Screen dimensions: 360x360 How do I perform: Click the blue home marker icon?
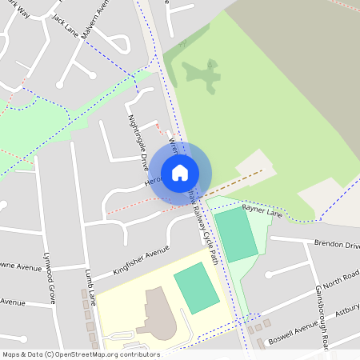tap(180, 173)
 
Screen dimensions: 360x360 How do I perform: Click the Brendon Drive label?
tap(336, 243)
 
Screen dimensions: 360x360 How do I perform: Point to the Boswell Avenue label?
tap(293, 330)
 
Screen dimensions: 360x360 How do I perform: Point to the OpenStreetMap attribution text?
tap(81, 354)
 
